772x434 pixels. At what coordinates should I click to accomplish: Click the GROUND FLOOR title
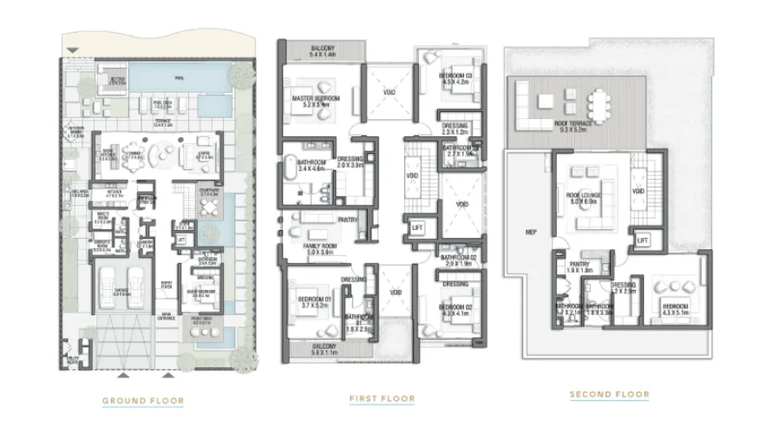[142, 400]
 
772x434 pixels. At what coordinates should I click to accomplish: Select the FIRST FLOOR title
[382, 398]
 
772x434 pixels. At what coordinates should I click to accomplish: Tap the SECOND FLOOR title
[609, 395]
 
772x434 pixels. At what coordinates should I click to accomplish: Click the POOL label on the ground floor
[180, 78]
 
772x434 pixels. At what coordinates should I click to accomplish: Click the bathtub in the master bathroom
[290, 170]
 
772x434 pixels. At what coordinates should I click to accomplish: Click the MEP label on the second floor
[531, 232]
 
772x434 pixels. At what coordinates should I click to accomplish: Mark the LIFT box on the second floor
[642, 240]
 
